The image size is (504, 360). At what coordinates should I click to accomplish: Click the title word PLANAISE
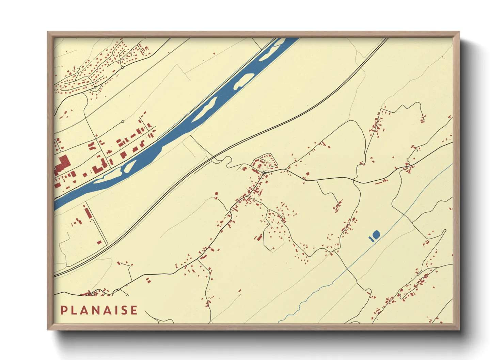[x=99, y=310]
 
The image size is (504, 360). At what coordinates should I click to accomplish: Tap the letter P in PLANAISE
[x=63, y=310]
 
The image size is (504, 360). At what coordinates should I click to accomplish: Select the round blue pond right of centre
[x=376, y=234]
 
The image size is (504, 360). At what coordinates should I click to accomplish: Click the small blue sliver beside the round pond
[x=371, y=238]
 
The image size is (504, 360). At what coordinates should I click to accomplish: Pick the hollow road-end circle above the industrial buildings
[x=123, y=121]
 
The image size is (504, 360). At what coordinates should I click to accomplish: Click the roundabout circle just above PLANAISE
[x=118, y=290]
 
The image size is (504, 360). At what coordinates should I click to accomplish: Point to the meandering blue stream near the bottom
[x=306, y=299]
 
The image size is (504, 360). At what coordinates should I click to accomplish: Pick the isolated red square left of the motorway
[x=99, y=243]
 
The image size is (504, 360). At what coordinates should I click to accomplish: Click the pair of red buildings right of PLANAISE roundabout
[x=148, y=280]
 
